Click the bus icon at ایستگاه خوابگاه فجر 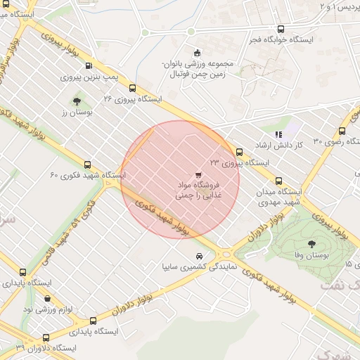pos(281,30)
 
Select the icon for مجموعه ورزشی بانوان pos(196,53)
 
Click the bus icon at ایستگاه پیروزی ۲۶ pos(133,88)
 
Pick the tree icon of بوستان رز pos(76,102)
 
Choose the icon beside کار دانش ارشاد pos(278,134)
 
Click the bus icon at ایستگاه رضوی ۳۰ pos(342,131)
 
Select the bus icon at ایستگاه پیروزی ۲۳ pos(240,152)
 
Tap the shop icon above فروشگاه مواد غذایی pos(198,174)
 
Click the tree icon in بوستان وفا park pos(311,243)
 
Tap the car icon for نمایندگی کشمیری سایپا pos(200,255)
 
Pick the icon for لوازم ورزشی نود pos(47,299)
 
